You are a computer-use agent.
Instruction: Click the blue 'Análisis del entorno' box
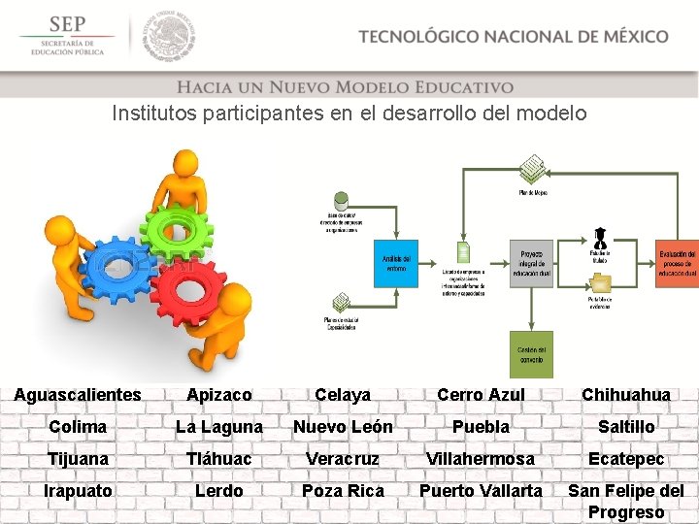pos(396,263)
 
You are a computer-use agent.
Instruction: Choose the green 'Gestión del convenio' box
pos(531,355)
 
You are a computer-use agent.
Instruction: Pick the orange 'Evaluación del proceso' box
pos(677,263)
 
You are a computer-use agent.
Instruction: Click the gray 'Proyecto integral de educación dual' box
pos(531,263)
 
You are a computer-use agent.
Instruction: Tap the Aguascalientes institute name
pos(78,395)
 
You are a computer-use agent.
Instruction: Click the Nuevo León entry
pos(343,427)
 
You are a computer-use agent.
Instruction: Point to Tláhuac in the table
pos(218,459)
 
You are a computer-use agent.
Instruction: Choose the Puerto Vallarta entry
pos(481,491)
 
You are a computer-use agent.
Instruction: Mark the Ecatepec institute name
pos(626,459)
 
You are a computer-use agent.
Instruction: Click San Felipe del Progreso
pos(626,502)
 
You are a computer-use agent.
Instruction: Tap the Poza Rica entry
pos(343,491)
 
